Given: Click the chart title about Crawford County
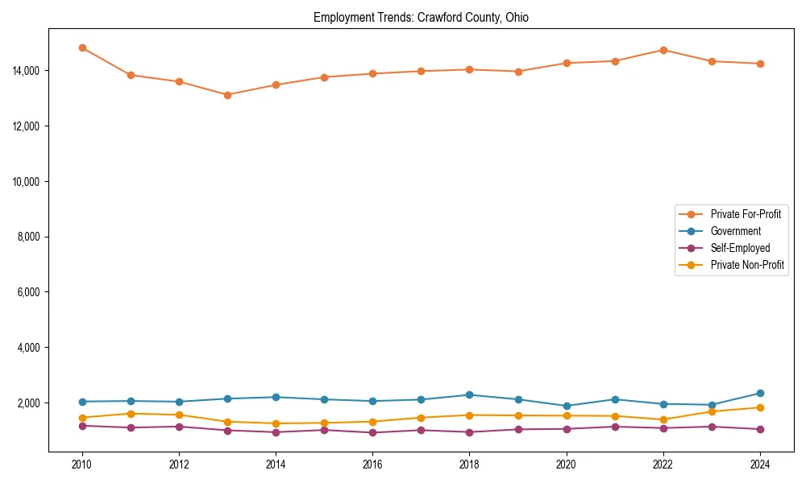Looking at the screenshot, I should click(421, 17).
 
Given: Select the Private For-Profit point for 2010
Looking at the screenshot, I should click(82, 48).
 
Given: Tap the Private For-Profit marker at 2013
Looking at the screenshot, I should click(227, 95).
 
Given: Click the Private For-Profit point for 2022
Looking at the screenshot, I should click(663, 50).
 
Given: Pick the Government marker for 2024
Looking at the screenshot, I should click(760, 394).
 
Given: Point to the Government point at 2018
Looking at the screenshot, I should click(469, 395).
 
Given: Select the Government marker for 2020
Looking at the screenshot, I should click(567, 407).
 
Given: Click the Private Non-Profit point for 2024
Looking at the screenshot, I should click(760, 407).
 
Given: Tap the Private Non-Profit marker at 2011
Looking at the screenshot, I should click(131, 414).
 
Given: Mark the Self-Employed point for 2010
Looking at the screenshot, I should click(82, 426).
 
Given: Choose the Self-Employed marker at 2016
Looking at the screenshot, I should click(372, 432).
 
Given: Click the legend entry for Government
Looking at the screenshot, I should click(735, 231).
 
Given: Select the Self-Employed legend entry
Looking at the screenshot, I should click(740, 248).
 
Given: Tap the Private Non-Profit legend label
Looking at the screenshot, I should click(747, 265).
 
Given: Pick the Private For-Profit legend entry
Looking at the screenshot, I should click(746, 214).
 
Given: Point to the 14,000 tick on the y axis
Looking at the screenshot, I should click(26, 71).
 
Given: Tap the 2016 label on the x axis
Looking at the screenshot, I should click(372, 464).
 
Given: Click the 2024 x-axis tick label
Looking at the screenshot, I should click(760, 464).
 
